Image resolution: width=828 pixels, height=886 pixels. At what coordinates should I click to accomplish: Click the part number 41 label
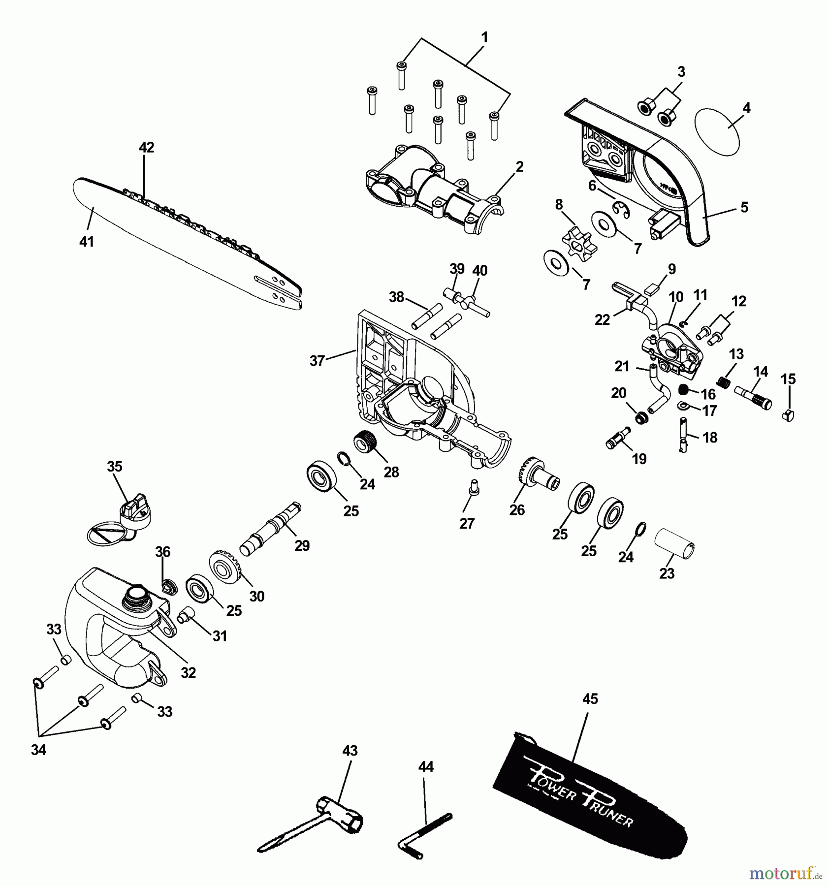click(x=87, y=242)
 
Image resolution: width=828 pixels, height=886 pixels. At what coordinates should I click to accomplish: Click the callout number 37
click(x=317, y=361)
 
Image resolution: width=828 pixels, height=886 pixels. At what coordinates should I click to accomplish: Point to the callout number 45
click(x=590, y=698)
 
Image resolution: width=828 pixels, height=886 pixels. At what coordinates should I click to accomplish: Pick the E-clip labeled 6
click(x=621, y=209)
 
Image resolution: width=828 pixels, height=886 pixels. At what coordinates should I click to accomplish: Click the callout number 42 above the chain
click(x=146, y=147)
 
